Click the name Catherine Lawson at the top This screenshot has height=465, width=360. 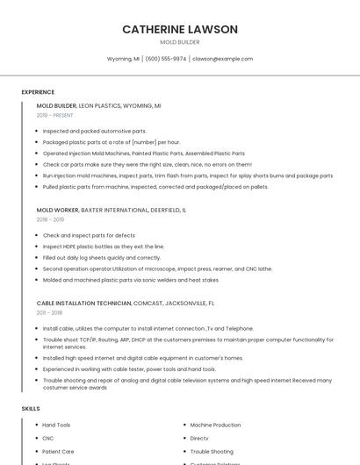point(180,29)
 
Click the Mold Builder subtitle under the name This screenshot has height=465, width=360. point(180,42)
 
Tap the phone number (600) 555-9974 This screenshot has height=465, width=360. point(166,59)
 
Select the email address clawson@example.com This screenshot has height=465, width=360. point(222,59)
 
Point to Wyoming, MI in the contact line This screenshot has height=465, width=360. point(123,59)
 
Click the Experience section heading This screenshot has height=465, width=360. point(38,92)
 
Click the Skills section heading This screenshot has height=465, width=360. point(31,409)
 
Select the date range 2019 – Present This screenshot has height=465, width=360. point(54,115)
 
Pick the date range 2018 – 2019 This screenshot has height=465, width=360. point(50,219)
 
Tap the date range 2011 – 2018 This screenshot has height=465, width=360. point(49,311)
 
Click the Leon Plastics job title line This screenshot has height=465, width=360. point(98,105)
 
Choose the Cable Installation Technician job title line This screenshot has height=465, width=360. point(126,303)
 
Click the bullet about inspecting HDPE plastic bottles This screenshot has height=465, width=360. point(104,247)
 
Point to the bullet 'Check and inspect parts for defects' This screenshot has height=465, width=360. point(89,235)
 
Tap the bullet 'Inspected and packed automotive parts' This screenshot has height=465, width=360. point(95,131)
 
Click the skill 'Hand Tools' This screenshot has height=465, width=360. point(56,425)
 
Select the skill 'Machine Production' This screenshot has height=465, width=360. point(215,425)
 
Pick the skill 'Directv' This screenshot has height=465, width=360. point(199,438)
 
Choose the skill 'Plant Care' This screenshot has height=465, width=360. point(58,451)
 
